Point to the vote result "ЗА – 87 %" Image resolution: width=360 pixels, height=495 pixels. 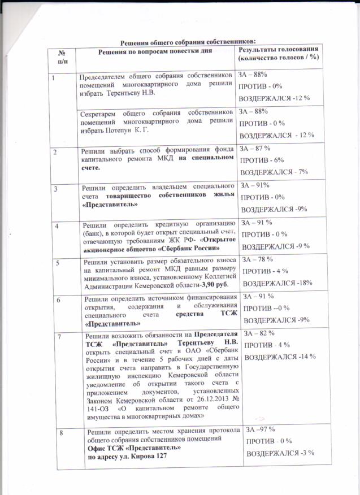coord(257,149)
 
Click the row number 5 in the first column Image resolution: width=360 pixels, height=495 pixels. coord(55,262)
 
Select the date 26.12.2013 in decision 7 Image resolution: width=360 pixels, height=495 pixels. coord(207,400)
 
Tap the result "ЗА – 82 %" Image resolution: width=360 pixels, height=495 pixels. coord(260,335)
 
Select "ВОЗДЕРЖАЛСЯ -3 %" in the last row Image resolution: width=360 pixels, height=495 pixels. coord(280,454)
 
